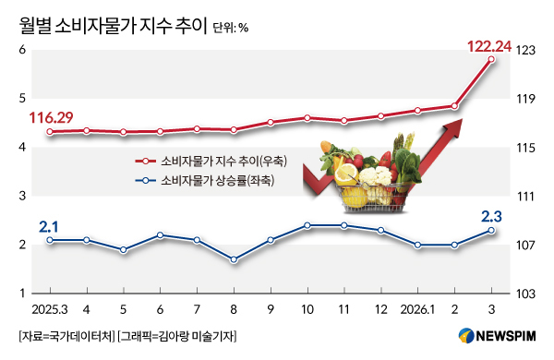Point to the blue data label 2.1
pyautogui.click(x=50, y=226)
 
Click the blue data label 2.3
pyautogui.click(x=492, y=216)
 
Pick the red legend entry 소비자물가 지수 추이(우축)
pyautogui.click(x=223, y=161)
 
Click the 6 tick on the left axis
pyautogui.click(x=20, y=50)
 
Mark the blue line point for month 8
pyautogui.click(x=234, y=259)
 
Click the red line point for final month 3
pyautogui.click(x=491, y=59)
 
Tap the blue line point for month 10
pyautogui.click(x=307, y=225)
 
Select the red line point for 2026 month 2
pyautogui.click(x=454, y=106)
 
